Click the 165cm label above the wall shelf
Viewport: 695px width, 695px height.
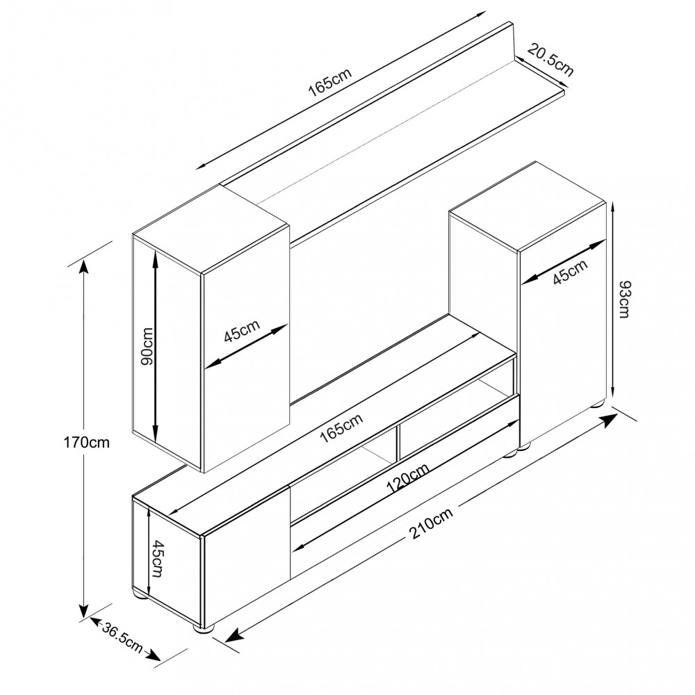pyautogui.click(x=329, y=82)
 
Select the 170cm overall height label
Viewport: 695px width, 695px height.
pyautogui.click(x=86, y=442)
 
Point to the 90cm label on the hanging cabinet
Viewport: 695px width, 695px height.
pyautogui.click(x=146, y=346)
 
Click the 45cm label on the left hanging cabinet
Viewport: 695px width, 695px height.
pyautogui.click(x=242, y=331)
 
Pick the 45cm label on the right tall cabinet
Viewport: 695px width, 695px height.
pyautogui.click(x=571, y=271)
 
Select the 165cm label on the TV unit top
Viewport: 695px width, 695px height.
pyautogui.click(x=341, y=427)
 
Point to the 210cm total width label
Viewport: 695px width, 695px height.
pyautogui.click(x=431, y=523)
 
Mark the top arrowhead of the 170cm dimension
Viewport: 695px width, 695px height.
pyautogui.click(x=83, y=265)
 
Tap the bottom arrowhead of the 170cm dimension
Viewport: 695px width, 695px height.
pyautogui.click(x=83, y=612)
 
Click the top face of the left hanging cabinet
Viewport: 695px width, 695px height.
pyautogui.click(x=211, y=229)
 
